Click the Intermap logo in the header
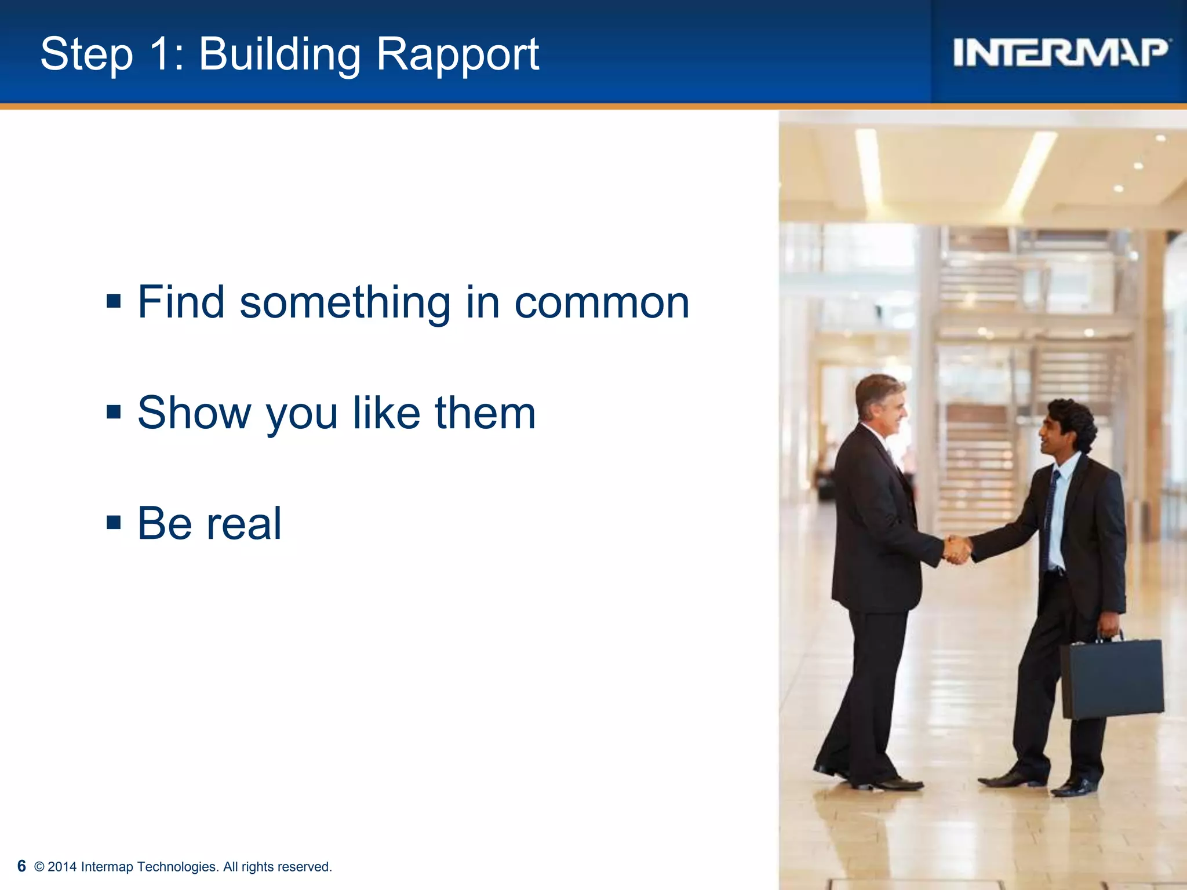click(1061, 52)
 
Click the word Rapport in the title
click(457, 54)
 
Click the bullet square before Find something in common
click(114, 301)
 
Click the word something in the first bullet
click(345, 302)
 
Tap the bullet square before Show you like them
click(114, 412)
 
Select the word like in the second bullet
click(387, 413)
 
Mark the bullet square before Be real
click(114, 523)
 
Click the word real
click(244, 523)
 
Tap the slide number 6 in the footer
click(21, 866)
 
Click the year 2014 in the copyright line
click(62, 867)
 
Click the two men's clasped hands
click(957, 549)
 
